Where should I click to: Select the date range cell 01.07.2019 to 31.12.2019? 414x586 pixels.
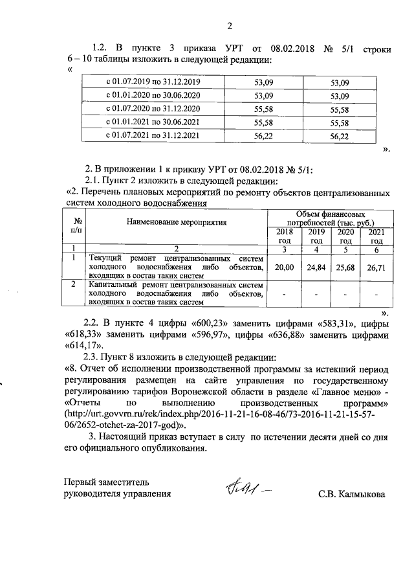click(x=153, y=83)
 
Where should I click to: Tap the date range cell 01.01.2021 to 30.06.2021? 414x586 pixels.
click(x=153, y=122)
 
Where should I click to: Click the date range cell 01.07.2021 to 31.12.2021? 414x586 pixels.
click(x=153, y=136)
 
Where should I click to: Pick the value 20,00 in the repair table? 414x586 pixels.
click(x=284, y=267)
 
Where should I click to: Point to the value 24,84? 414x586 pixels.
click(x=316, y=267)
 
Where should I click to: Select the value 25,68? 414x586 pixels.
click(x=347, y=267)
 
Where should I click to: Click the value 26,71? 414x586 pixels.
click(x=376, y=267)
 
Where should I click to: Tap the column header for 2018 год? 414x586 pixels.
click(x=284, y=236)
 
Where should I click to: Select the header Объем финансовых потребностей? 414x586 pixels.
click(x=330, y=218)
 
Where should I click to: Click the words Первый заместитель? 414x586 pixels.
click(x=106, y=482)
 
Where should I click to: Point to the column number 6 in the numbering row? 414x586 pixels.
click(x=376, y=249)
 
